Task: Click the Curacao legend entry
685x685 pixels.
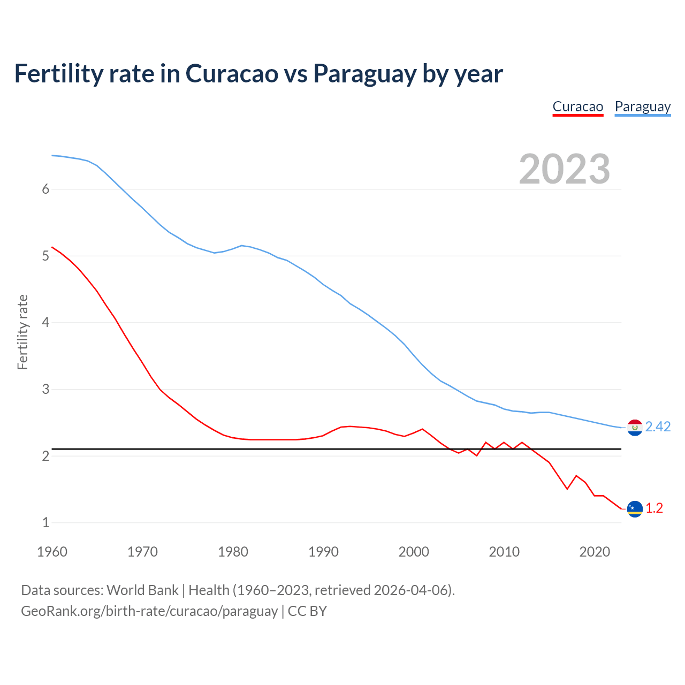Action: coord(577,106)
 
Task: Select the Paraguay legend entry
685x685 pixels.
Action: coord(642,106)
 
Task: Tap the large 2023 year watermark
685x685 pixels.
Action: coord(564,169)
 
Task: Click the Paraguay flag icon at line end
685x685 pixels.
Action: coord(635,427)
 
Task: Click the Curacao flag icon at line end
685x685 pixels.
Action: coord(635,508)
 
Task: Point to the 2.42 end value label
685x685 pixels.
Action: coord(658,427)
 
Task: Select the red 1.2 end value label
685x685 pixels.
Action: coord(654,508)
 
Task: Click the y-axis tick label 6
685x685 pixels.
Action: coord(45,189)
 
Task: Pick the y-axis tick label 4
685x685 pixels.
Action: coord(45,322)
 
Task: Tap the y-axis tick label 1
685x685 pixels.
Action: coord(45,522)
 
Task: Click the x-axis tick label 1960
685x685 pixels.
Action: coord(52,552)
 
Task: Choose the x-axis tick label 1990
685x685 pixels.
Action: coord(323,552)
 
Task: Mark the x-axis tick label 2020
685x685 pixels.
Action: coord(595,552)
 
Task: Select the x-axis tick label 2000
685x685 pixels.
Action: coord(414,552)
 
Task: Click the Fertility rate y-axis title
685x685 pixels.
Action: coord(22,332)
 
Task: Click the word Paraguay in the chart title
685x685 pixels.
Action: coord(364,74)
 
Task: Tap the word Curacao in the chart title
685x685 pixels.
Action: coord(232,74)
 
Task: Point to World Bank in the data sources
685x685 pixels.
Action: coord(142,590)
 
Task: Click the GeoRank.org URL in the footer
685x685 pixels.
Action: coord(149,611)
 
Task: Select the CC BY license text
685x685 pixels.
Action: coord(307,611)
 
